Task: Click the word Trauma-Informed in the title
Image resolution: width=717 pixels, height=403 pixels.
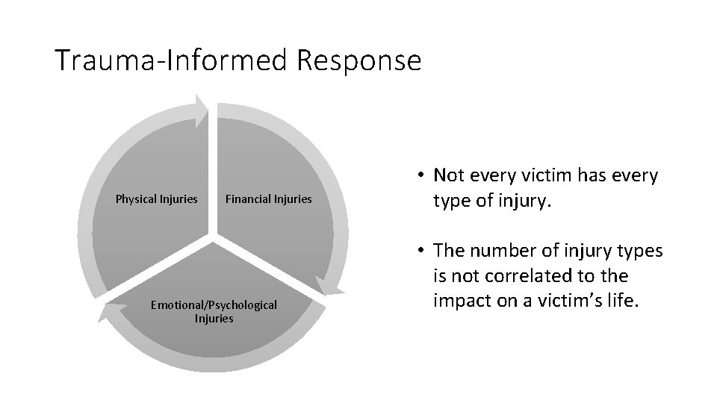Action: (172, 60)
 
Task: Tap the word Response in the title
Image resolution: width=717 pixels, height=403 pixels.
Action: (358, 60)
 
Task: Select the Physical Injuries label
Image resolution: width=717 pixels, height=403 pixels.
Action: (156, 199)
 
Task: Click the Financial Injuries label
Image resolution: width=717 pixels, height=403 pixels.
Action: (268, 199)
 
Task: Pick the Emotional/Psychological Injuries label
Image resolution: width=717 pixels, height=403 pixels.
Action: (214, 311)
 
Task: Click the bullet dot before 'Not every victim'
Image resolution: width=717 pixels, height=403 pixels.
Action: (422, 176)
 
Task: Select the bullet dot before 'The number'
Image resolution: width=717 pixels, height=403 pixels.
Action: (422, 251)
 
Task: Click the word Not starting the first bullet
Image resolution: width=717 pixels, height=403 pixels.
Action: (450, 176)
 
